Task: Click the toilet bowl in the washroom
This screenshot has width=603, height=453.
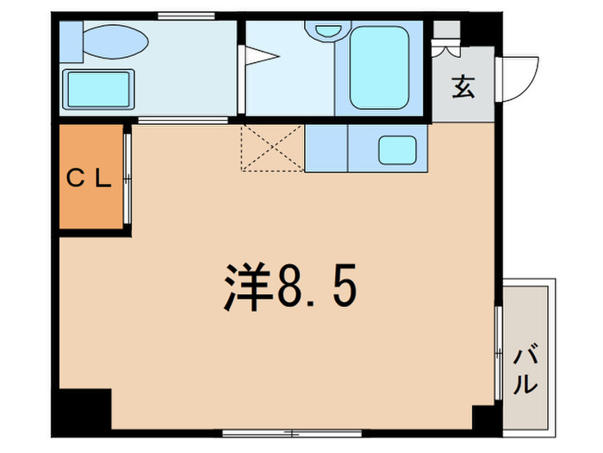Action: coord(115,41)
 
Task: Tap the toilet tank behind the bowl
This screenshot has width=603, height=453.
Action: coord(71,41)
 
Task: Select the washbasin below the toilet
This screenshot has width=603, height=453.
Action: coord(98,90)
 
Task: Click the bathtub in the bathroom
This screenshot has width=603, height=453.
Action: coord(379,68)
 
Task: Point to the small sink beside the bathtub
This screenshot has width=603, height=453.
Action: coord(328,30)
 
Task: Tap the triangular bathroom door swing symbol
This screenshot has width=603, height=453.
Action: coord(262,56)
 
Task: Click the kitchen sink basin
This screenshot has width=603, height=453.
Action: coord(397,150)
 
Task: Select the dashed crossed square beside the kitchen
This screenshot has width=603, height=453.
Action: coord(273,148)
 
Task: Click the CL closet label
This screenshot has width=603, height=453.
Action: coord(89,179)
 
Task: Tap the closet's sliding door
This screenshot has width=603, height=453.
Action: coord(127,179)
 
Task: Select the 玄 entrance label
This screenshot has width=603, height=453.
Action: coord(463,86)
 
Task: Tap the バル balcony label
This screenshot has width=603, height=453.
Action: coord(525,370)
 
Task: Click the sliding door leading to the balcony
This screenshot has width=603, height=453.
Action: coord(499,353)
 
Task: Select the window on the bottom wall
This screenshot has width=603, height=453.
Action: coord(292,434)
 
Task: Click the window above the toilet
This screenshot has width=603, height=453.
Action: coord(186,16)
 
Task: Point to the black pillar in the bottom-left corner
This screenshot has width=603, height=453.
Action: coord(82,412)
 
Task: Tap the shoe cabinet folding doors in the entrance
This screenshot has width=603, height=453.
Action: coord(445,47)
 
